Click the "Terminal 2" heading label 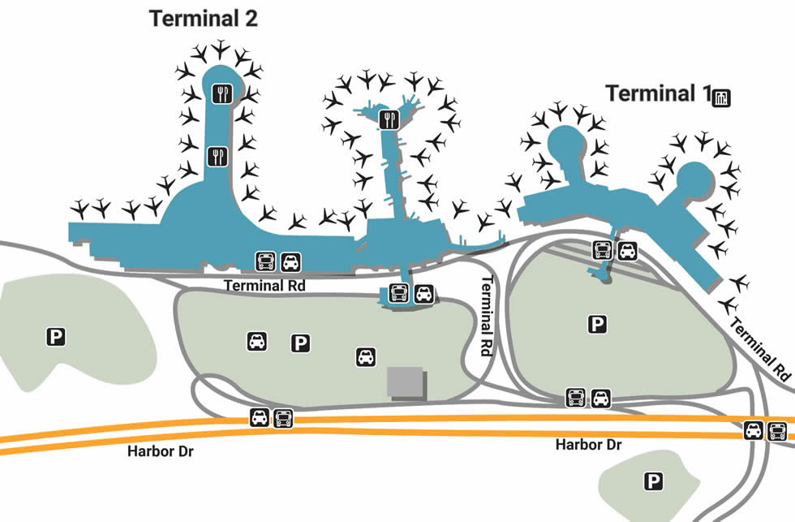coord(204,19)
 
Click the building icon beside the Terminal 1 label coord(721,98)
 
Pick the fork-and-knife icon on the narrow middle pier coord(389,120)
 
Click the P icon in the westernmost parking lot coord(55,334)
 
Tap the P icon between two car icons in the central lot coord(301,343)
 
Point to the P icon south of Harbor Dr coord(653,481)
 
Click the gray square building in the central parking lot coord(406,382)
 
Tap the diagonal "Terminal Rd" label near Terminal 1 coord(760,349)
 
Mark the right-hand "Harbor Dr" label coord(588,445)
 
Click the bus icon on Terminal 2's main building coord(266,261)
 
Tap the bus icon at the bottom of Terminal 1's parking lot coord(576,398)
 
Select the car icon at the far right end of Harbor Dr coord(754,431)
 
